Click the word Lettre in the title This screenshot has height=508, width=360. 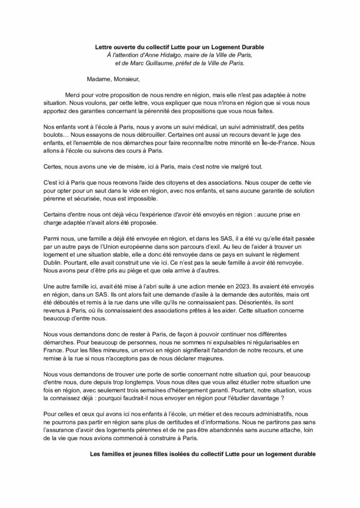[x=105, y=47]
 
